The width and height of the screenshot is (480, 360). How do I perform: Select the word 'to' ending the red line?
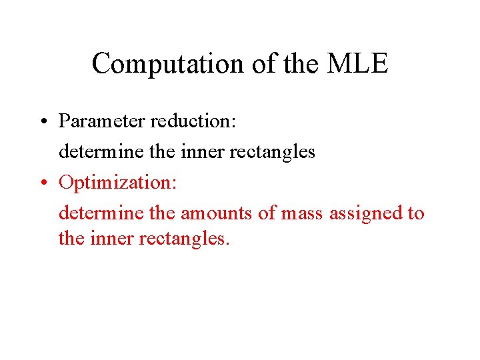coord(415,213)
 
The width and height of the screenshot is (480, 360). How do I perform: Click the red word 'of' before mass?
coord(270,213)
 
